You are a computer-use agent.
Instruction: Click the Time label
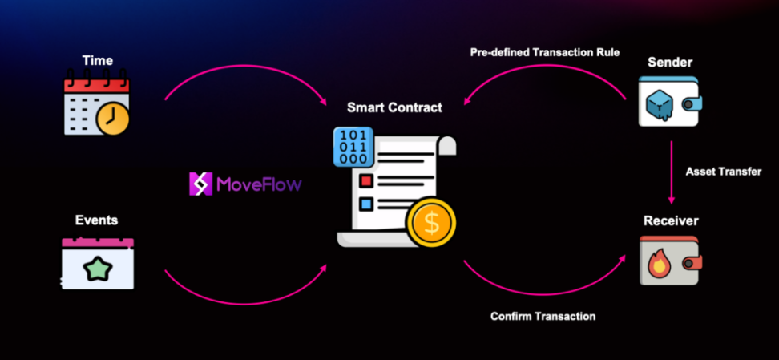[x=97, y=60]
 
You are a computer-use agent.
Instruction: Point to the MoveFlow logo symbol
[x=200, y=184]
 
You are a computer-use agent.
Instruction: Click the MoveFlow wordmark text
[x=259, y=185]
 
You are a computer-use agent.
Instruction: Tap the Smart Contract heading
[x=394, y=107]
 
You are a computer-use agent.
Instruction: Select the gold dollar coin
[x=431, y=224]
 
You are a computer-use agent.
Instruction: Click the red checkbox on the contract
[x=366, y=180]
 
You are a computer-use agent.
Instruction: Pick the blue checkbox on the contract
[x=366, y=204]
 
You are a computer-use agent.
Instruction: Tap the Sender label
[x=670, y=62]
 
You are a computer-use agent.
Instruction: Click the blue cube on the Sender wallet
[x=661, y=101]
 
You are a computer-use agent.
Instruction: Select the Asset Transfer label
[x=724, y=172]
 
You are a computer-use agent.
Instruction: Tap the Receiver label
[x=670, y=220]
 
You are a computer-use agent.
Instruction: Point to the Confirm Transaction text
[x=543, y=316]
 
